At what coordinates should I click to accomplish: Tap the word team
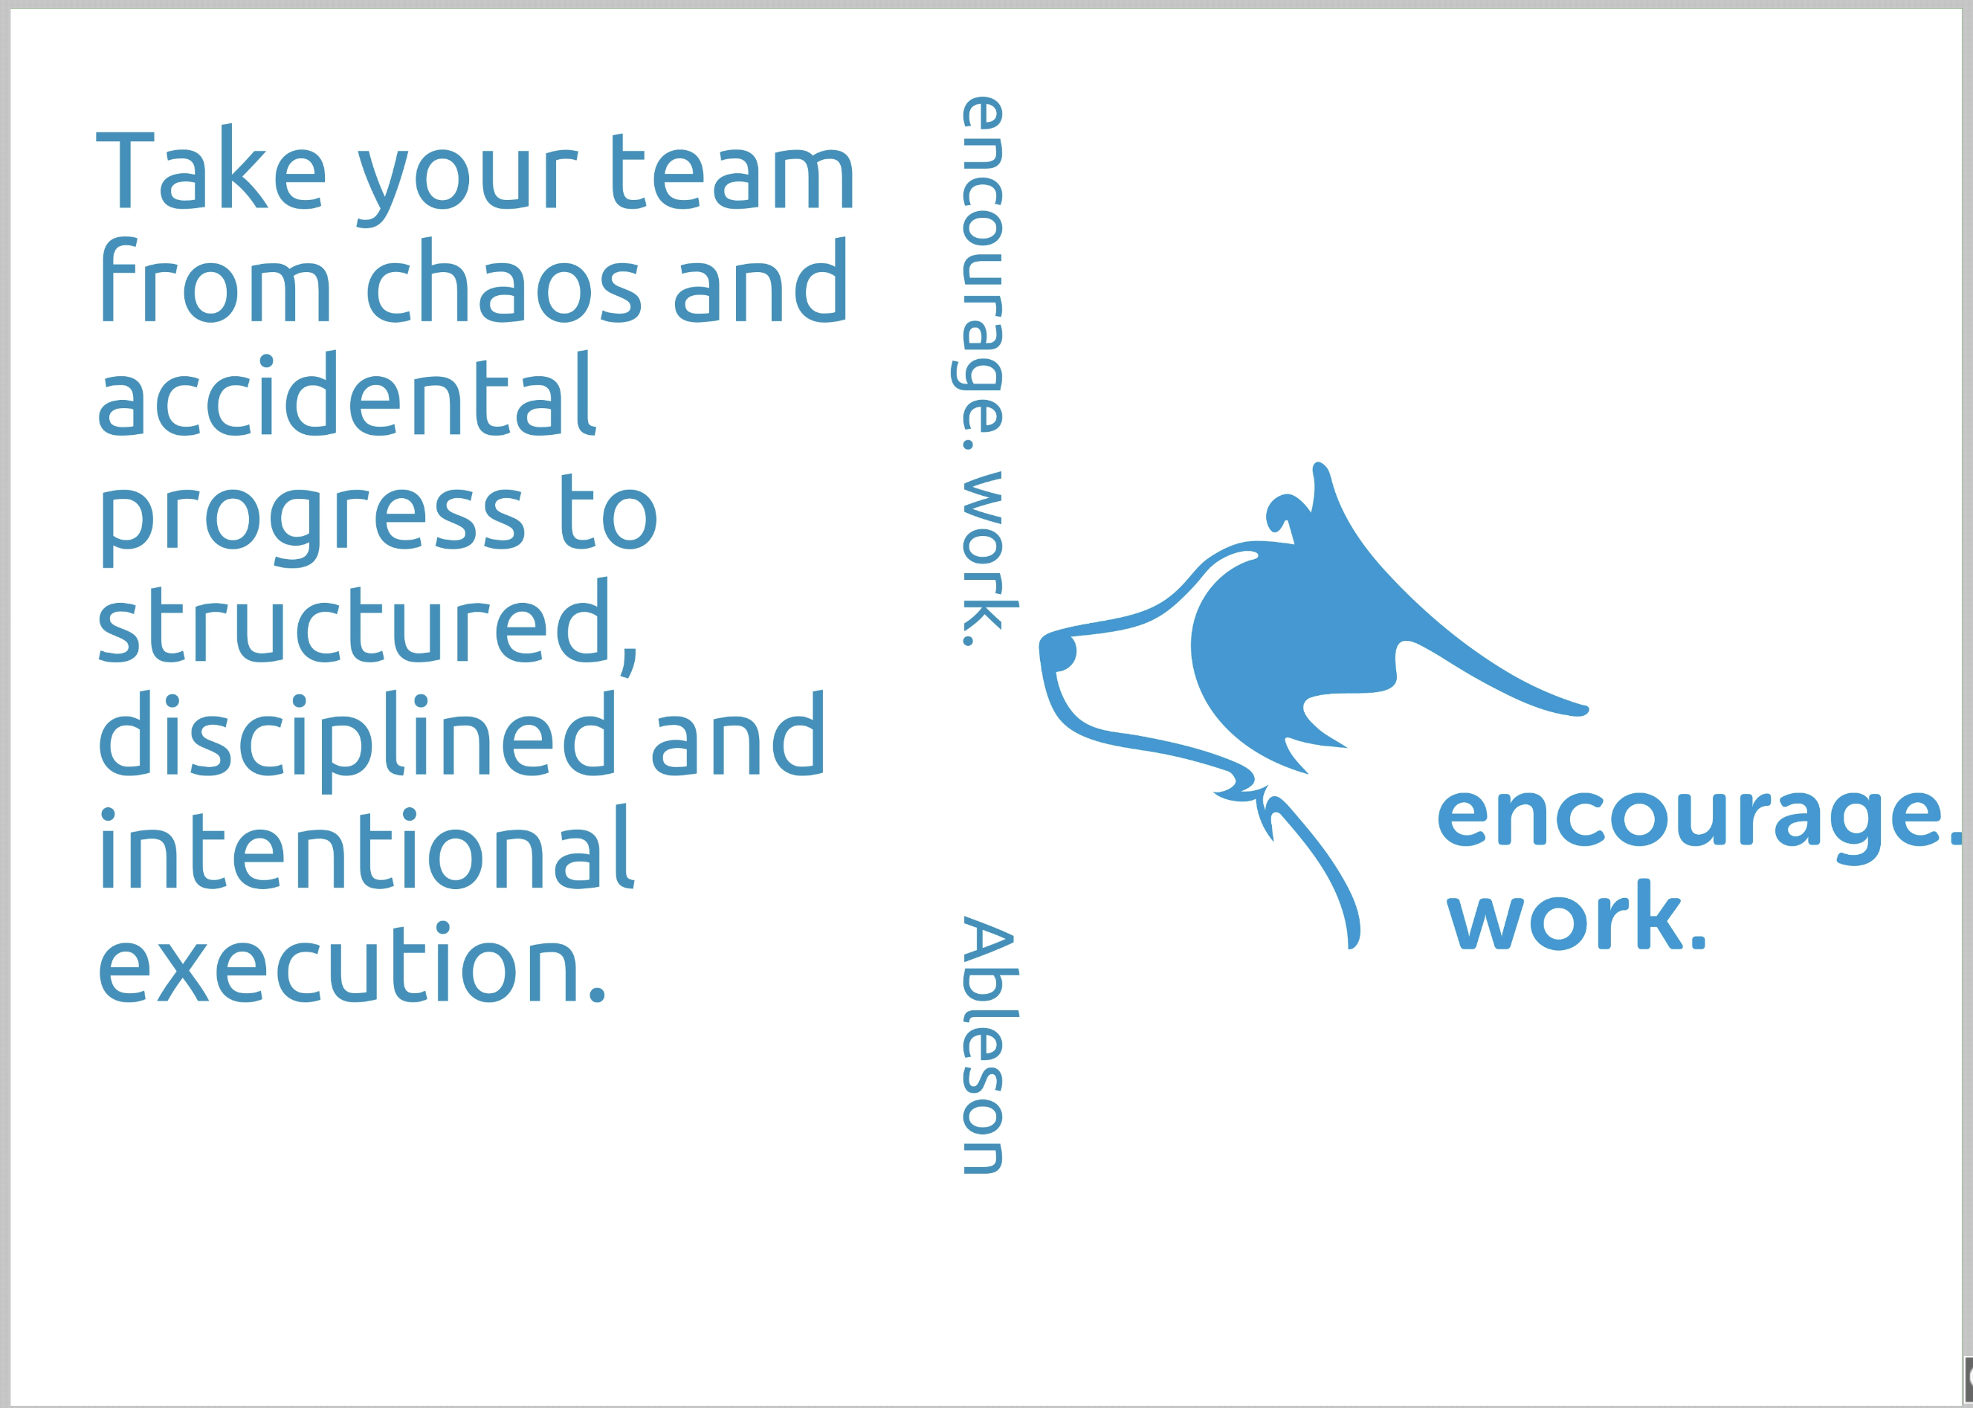pyautogui.click(x=732, y=172)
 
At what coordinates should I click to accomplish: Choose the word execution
pyautogui.click(x=351, y=965)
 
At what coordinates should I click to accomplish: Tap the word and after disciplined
pyautogui.click(x=737, y=736)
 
